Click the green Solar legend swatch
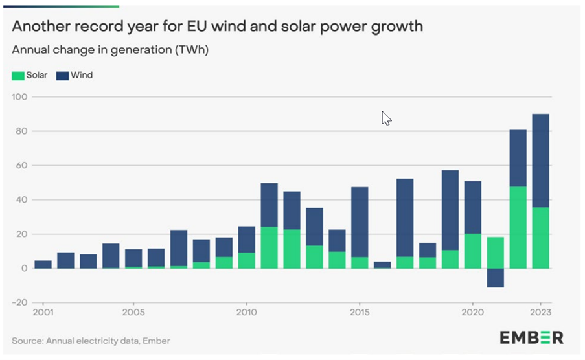17,76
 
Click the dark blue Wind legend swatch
62,76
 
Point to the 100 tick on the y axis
20,97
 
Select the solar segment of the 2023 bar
540,238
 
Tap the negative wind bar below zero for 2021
495,277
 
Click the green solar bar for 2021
495,253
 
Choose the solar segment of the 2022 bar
518,227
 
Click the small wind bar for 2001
43,264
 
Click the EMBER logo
531,337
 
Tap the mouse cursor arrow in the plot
385,118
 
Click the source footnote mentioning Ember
91,341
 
